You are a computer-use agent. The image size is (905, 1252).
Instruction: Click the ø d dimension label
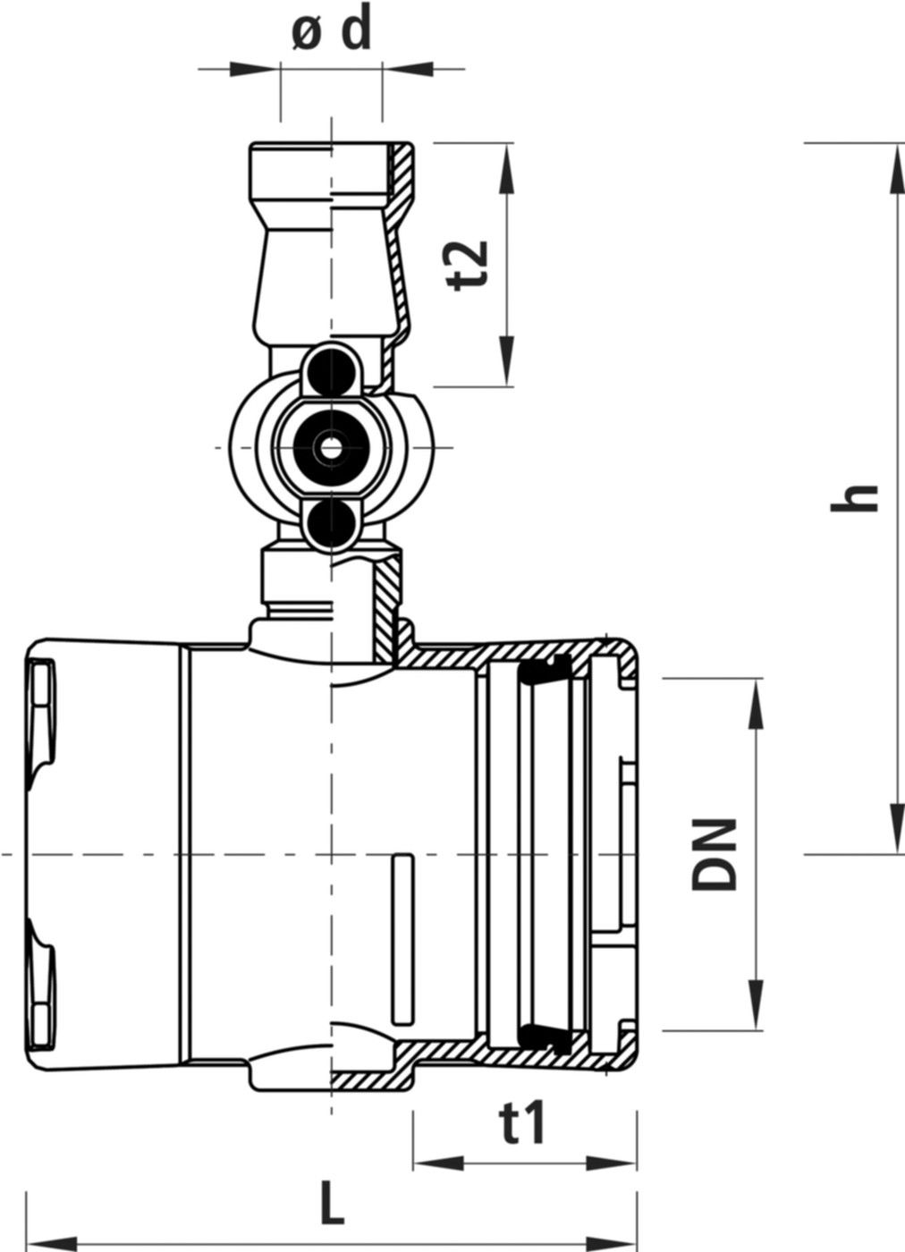tap(331, 32)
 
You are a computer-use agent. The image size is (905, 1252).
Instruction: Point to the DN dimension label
tap(715, 854)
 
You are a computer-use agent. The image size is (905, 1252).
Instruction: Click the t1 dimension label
tap(523, 1123)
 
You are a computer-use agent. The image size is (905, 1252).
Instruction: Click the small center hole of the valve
tap(332, 449)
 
